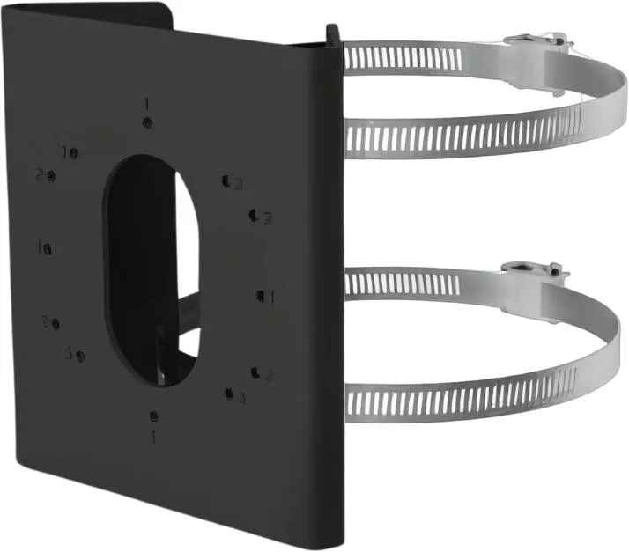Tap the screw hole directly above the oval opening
[x=147, y=122]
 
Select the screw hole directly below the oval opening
[x=155, y=415]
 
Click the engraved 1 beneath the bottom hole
[x=156, y=435]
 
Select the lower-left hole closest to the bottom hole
[x=79, y=356]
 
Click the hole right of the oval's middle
[x=261, y=296]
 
